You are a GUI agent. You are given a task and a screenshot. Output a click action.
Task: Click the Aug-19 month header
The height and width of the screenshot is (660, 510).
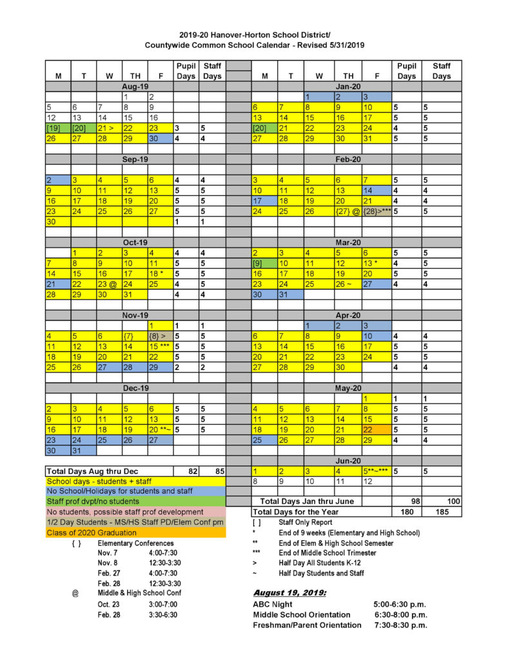[x=135, y=86]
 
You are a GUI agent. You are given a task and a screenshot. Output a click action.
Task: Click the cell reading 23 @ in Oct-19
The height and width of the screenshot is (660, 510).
[x=109, y=284]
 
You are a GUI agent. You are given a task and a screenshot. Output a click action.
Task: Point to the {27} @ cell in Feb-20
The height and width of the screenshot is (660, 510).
[x=348, y=211]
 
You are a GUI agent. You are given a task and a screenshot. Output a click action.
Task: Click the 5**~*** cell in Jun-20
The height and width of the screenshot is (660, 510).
[x=377, y=471]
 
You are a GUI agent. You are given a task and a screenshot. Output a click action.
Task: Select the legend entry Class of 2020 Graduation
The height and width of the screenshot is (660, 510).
[x=92, y=532]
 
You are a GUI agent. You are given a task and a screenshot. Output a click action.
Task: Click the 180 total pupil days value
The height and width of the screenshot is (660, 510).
[x=406, y=512]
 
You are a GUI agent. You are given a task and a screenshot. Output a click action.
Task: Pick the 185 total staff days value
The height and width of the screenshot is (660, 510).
[x=442, y=512]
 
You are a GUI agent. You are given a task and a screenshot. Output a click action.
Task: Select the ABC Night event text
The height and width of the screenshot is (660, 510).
[x=273, y=605]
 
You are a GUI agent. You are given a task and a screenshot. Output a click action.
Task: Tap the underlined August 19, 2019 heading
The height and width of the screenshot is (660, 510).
[x=289, y=592]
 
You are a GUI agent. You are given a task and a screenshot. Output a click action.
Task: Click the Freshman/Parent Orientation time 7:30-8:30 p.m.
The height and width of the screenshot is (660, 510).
[x=400, y=625]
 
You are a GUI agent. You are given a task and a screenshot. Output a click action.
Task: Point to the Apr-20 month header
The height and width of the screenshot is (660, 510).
[x=348, y=316]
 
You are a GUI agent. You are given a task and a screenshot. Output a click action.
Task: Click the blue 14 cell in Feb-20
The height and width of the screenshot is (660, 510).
[x=377, y=190]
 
